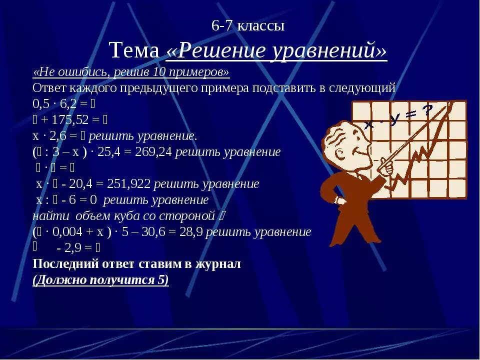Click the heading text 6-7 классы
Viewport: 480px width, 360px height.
pos(248,26)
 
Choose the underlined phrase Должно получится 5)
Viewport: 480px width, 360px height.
pos(100,279)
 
